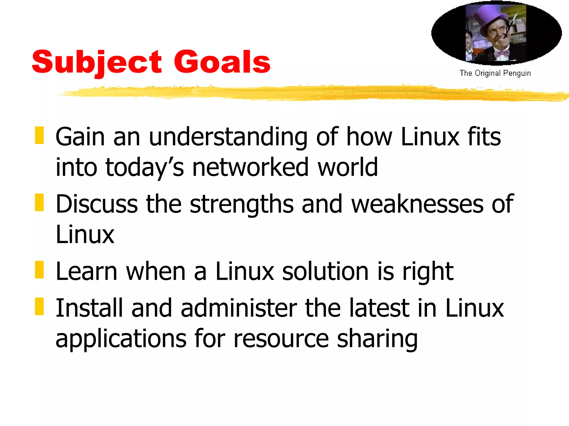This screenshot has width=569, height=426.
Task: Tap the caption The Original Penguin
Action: tap(495, 73)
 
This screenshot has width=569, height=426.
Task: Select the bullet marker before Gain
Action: tap(39, 135)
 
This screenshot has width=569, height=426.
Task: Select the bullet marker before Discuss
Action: tap(39, 202)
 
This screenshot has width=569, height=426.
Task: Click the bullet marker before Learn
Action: tap(39, 270)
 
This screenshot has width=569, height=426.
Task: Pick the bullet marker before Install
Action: tap(39, 306)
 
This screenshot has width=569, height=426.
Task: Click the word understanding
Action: tap(228, 137)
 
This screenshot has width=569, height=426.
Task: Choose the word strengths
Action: tap(242, 204)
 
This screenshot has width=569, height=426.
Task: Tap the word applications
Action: tap(121, 339)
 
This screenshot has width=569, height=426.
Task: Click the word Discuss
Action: tap(97, 204)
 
